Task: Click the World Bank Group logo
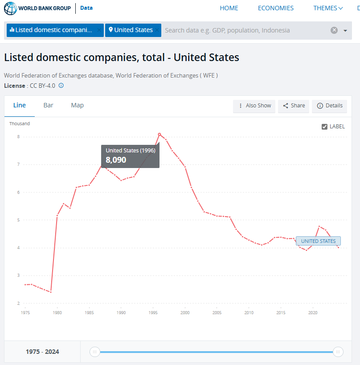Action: pyautogui.click(x=37, y=8)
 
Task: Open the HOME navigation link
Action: pyautogui.click(x=229, y=8)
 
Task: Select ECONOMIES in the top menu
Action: pyautogui.click(x=275, y=8)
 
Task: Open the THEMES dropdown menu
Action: pyautogui.click(x=328, y=8)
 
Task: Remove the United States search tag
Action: pyautogui.click(x=157, y=30)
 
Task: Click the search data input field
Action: pyautogui.click(x=245, y=30)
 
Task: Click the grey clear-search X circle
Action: pyautogui.click(x=334, y=30)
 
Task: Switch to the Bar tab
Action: pyautogui.click(x=48, y=105)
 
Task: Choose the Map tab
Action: pyautogui.click(x=77, y=105)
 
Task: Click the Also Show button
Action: pyautogui.click(x=254, y=106)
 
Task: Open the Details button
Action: pyautogui.click(x=330, y=106)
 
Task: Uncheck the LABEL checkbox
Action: pyautogui.click(x=324, y=127)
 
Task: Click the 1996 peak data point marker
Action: pyautogui.click(x=160, y=134)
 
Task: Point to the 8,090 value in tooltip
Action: pyautogui.click(x=116, y=160)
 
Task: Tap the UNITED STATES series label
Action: pyautogui.click(x=318, y=241)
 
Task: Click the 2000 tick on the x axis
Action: pyautogui.click(x=185, y=313)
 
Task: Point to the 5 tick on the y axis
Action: pyautogui.click(x=18, y=220)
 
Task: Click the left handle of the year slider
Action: pyautogui.click(x=94, y=352)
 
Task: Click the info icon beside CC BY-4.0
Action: pyautogui.click(x=61, y=86)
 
